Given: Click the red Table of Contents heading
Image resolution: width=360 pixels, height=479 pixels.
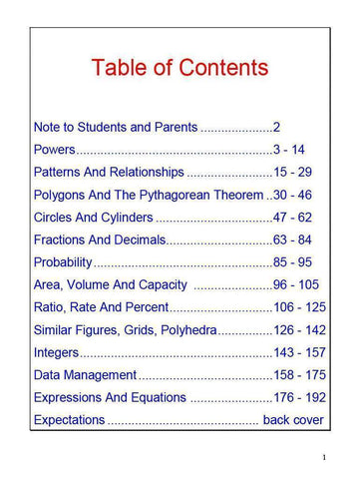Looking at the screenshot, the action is (x=180, y=69).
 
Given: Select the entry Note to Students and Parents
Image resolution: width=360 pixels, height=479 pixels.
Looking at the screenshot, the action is (x=116, y=128).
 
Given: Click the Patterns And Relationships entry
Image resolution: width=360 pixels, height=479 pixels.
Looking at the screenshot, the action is (x=109, y=172).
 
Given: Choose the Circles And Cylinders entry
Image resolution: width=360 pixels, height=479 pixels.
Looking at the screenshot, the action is (x=94, y=217).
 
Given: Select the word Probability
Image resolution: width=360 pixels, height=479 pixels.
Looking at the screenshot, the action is (x=63, y=262).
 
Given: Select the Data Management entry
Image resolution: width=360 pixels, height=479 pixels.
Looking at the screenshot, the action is (x=85, y=375).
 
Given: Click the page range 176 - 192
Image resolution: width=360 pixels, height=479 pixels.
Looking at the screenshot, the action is (x=300, y=397).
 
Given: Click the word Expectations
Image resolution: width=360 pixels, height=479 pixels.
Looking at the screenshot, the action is (x=69, y=420).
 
